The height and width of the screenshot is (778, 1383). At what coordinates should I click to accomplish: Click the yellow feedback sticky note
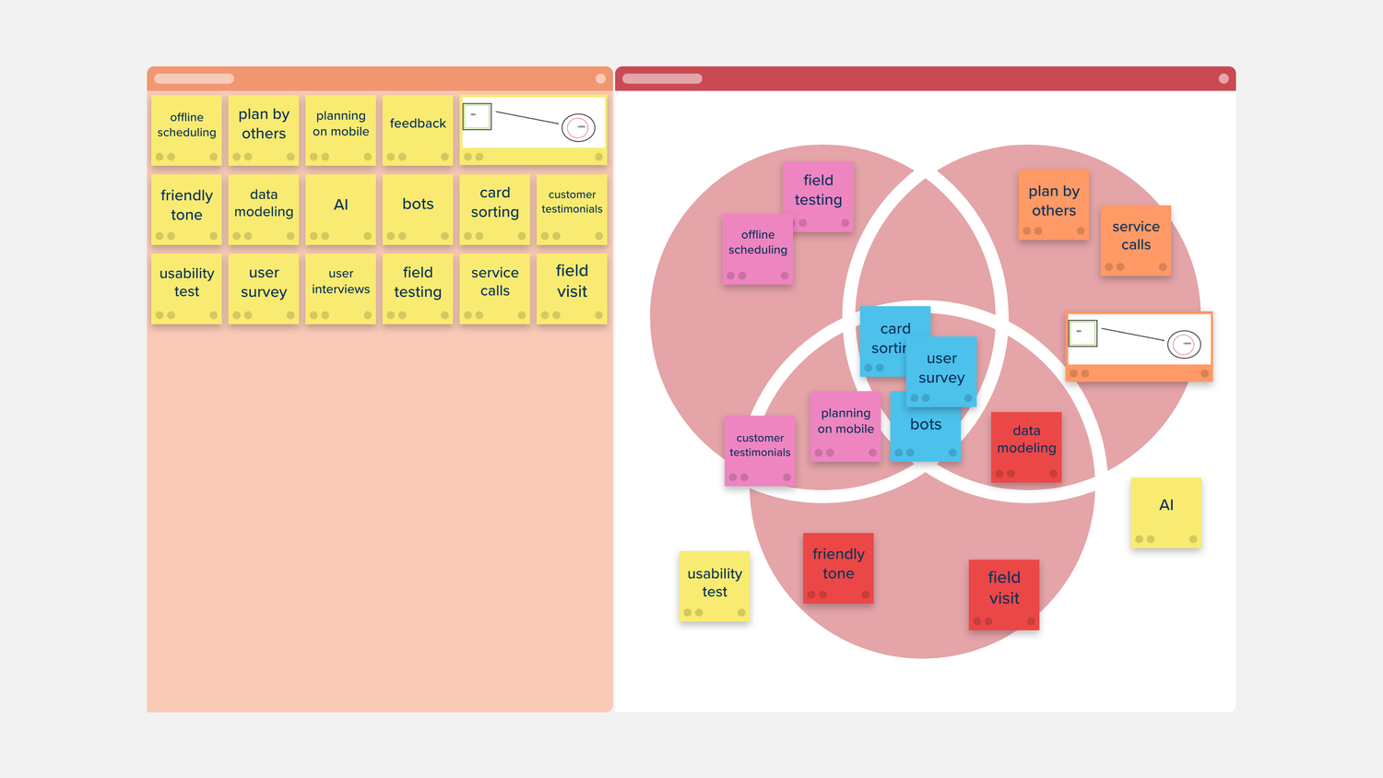tap(418, 130)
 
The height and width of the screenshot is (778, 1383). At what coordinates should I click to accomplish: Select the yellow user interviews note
tap(341, 289)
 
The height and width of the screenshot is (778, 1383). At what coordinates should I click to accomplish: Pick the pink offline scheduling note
tap(758, 250)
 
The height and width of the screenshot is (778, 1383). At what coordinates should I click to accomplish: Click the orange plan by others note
tap(1054, 205)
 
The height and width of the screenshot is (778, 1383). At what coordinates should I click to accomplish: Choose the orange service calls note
tap(1136, 241)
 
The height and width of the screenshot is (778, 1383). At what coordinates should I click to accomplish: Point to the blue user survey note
tap(941, 371)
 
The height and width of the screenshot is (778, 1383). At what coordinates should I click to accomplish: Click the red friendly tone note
tap(838, 568)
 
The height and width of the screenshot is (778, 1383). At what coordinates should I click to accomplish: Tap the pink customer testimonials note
tap(760, 451)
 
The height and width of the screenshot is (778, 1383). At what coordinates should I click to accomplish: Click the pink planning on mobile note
tap(845, 427)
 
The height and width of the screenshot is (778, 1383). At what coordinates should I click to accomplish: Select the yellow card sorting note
tap(495, 210)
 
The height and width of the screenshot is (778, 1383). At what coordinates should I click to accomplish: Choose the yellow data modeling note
tap(264, 210)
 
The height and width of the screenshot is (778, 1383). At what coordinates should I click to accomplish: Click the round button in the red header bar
tap(1223, 79)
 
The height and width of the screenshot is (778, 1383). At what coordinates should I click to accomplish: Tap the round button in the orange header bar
tap(601, 79)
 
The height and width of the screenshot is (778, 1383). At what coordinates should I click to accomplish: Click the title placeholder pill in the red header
tap(663, 79)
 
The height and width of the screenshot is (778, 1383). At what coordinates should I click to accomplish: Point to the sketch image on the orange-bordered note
tap(1140, 339)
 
